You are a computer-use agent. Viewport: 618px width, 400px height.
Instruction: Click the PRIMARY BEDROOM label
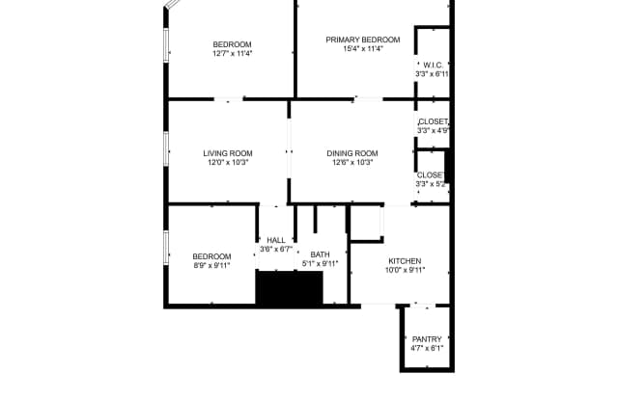[363, 40]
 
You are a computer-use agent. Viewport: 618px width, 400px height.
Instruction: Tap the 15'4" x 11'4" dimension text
[363, 49]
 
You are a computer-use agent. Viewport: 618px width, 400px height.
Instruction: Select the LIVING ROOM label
[228, 153]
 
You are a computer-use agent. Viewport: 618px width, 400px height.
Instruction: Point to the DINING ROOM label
[352, 153]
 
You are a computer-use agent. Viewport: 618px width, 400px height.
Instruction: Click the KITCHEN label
[405, 261]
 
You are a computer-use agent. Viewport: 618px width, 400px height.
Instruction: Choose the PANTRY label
[427, 339]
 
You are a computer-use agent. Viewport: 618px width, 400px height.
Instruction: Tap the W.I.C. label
[434, 65]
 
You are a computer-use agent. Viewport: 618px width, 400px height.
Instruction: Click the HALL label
[276, 240]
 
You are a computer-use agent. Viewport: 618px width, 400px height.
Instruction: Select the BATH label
[320, 254]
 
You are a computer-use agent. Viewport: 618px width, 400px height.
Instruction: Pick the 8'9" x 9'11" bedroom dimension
[211, 265]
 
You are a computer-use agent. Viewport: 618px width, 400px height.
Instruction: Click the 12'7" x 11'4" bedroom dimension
[232, 53]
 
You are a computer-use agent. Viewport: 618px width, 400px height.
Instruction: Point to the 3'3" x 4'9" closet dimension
[434, 130]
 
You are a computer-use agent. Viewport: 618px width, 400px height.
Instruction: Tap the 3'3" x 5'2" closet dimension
[432, 184]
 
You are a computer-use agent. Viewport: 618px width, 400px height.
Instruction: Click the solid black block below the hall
[290, 288]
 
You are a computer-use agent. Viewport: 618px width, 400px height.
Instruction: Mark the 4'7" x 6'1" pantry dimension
[427, 348]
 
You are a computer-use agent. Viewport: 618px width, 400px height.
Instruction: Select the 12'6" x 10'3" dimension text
[352, 163]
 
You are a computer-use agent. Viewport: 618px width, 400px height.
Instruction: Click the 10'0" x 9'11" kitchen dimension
[405, 270]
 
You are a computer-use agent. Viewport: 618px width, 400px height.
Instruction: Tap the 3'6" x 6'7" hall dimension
[276, 250]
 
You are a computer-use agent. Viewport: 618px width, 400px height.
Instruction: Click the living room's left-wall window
[166, 148]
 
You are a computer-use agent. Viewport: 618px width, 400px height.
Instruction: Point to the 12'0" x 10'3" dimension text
[228, 163]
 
